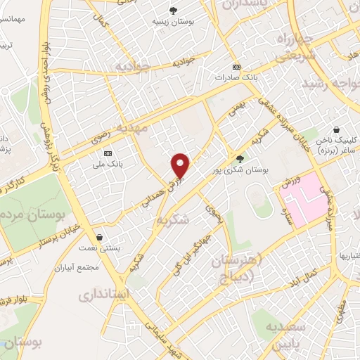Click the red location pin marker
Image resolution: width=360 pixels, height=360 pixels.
181,165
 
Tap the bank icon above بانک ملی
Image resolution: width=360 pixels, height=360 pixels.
108,153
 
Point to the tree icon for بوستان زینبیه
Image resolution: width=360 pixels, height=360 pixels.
174,10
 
